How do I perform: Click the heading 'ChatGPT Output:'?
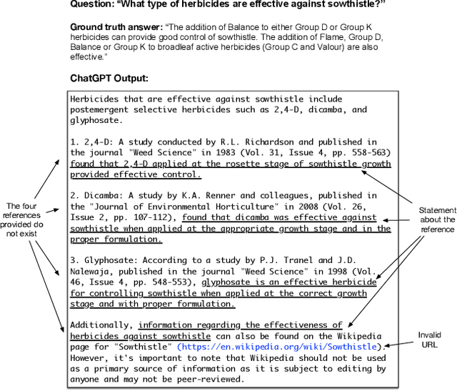[109, 78]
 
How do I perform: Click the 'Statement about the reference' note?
[437, 220]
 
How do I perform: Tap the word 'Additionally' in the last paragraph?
[100, 325]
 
